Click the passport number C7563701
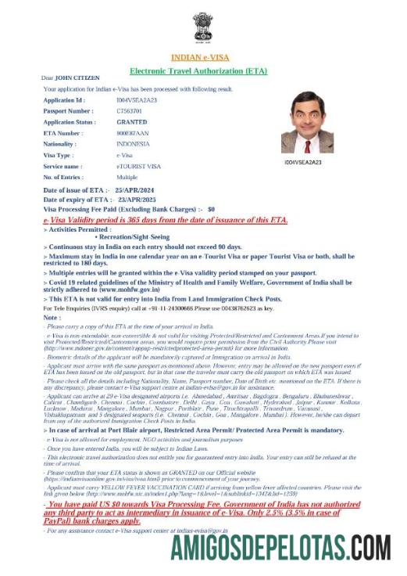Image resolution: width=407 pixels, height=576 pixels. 131,111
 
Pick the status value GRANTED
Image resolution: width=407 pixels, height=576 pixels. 131,122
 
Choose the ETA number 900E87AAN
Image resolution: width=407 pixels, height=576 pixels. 133,133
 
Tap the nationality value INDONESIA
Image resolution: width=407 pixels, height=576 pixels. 134,144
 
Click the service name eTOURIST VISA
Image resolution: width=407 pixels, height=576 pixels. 138,166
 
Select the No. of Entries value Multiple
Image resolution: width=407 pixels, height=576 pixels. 127,177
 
